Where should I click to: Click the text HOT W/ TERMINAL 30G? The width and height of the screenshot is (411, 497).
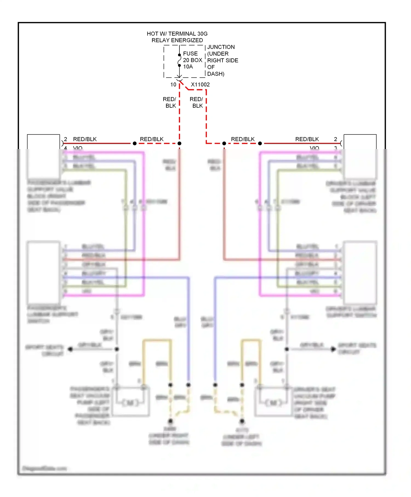coord(177,34)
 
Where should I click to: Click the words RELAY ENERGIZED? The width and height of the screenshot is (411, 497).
coord(177,40)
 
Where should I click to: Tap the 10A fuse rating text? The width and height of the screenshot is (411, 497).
coord(188,67)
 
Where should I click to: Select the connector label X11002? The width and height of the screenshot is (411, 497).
coord(200,85)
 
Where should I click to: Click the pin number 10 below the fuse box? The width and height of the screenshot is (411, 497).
coord(173,85)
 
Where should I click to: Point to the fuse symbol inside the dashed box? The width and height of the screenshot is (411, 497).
coord(179,60)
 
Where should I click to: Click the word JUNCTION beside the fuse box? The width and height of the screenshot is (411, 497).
coord(221,47)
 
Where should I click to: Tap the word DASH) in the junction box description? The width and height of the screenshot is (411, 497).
coord(216,74)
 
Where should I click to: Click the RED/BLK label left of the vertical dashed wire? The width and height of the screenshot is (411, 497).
coord(170,102)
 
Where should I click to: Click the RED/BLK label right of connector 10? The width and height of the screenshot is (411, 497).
coord(196,102)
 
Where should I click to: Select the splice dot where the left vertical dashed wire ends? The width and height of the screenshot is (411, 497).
coord(179,143)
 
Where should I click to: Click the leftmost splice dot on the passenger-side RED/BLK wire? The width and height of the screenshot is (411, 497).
coord(135,143)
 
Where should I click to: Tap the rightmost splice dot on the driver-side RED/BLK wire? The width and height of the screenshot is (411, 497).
coord(260,143)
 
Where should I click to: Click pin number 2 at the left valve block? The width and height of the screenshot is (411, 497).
coord(65,139)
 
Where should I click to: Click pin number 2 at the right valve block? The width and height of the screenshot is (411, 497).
coord(335,139)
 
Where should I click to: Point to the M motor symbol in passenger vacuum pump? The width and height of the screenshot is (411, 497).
coord(130,403)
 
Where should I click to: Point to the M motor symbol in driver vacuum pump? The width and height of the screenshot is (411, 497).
coord(274,403)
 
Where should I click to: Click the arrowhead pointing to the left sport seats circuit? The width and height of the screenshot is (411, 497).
coord(70,349)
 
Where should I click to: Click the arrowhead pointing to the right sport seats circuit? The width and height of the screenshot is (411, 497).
coord(333,349)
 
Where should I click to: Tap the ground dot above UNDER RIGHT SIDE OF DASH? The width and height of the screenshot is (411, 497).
coord(170,421)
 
